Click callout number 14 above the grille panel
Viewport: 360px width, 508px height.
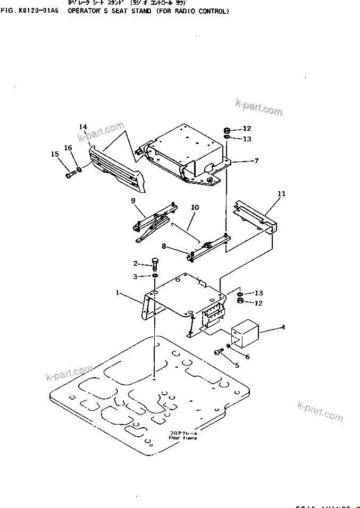tap(83, 126)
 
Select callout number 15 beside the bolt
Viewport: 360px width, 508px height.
tap(55, 154)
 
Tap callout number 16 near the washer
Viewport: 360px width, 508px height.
tap(68, 147)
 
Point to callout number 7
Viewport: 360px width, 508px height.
tap(256, 160)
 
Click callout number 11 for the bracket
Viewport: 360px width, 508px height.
tap(281, 194)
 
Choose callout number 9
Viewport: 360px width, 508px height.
tap(134, 201)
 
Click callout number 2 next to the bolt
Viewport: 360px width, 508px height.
tap(136, 264)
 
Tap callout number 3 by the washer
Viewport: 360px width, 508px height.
tap(136, 276)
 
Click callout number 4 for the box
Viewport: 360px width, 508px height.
tap(283, 327)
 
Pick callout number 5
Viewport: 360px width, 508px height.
tap(237, 365)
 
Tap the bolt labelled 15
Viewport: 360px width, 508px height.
tap(70, 174)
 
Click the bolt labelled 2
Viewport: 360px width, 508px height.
tap(155, 263)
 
